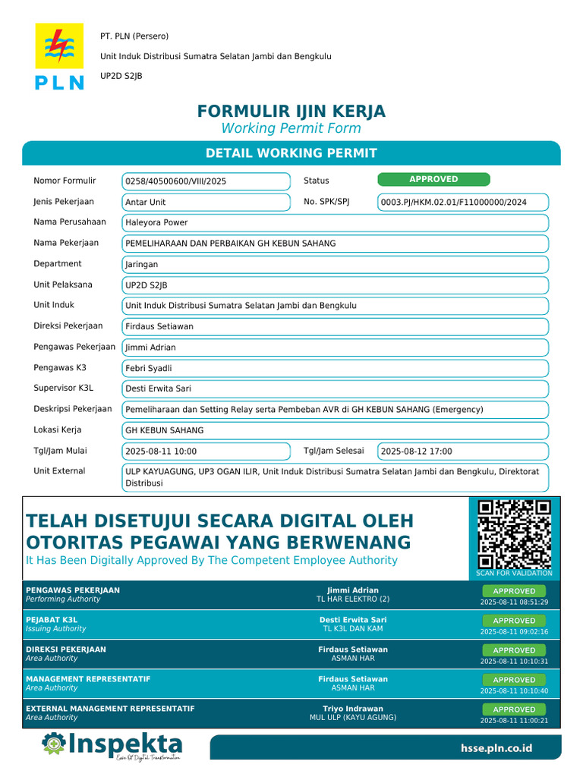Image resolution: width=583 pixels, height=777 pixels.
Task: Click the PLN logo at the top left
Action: (59, 57)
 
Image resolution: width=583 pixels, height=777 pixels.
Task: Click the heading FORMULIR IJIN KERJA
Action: (291, 112)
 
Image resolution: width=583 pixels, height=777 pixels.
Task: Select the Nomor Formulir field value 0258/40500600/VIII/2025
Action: (206, 181)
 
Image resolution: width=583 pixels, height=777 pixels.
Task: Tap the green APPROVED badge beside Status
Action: (433, 179)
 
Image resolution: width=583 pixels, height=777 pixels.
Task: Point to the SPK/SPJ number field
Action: (462, 202)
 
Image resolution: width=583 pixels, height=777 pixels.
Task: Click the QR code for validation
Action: (514, 534)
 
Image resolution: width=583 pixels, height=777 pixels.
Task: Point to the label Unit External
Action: (59, 471)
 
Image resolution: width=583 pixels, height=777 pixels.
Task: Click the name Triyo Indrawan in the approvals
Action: (353, 709)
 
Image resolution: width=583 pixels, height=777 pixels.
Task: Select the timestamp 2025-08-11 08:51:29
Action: (514, 602)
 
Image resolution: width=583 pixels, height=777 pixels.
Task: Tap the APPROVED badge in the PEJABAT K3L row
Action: (514, 621)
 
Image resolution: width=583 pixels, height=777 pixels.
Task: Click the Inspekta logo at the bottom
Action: (112, 745)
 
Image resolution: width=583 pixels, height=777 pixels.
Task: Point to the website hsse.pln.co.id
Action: (496, 748)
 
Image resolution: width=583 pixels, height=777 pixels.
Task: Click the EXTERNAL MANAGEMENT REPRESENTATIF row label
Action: (110, 709)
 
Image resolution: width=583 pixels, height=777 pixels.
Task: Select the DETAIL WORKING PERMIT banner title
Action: (291, 153)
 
